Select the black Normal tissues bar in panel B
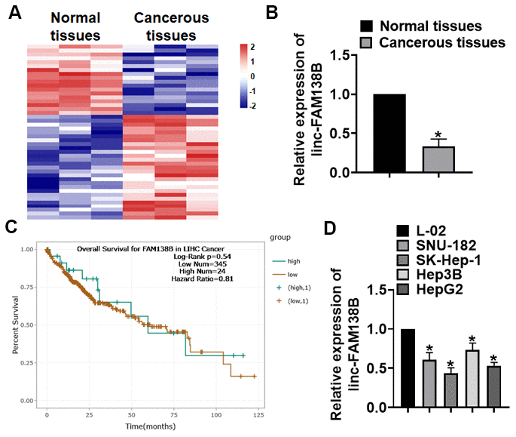coord(389,134)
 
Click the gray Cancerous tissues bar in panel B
coord(438,159)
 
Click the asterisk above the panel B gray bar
coord(438,134)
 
